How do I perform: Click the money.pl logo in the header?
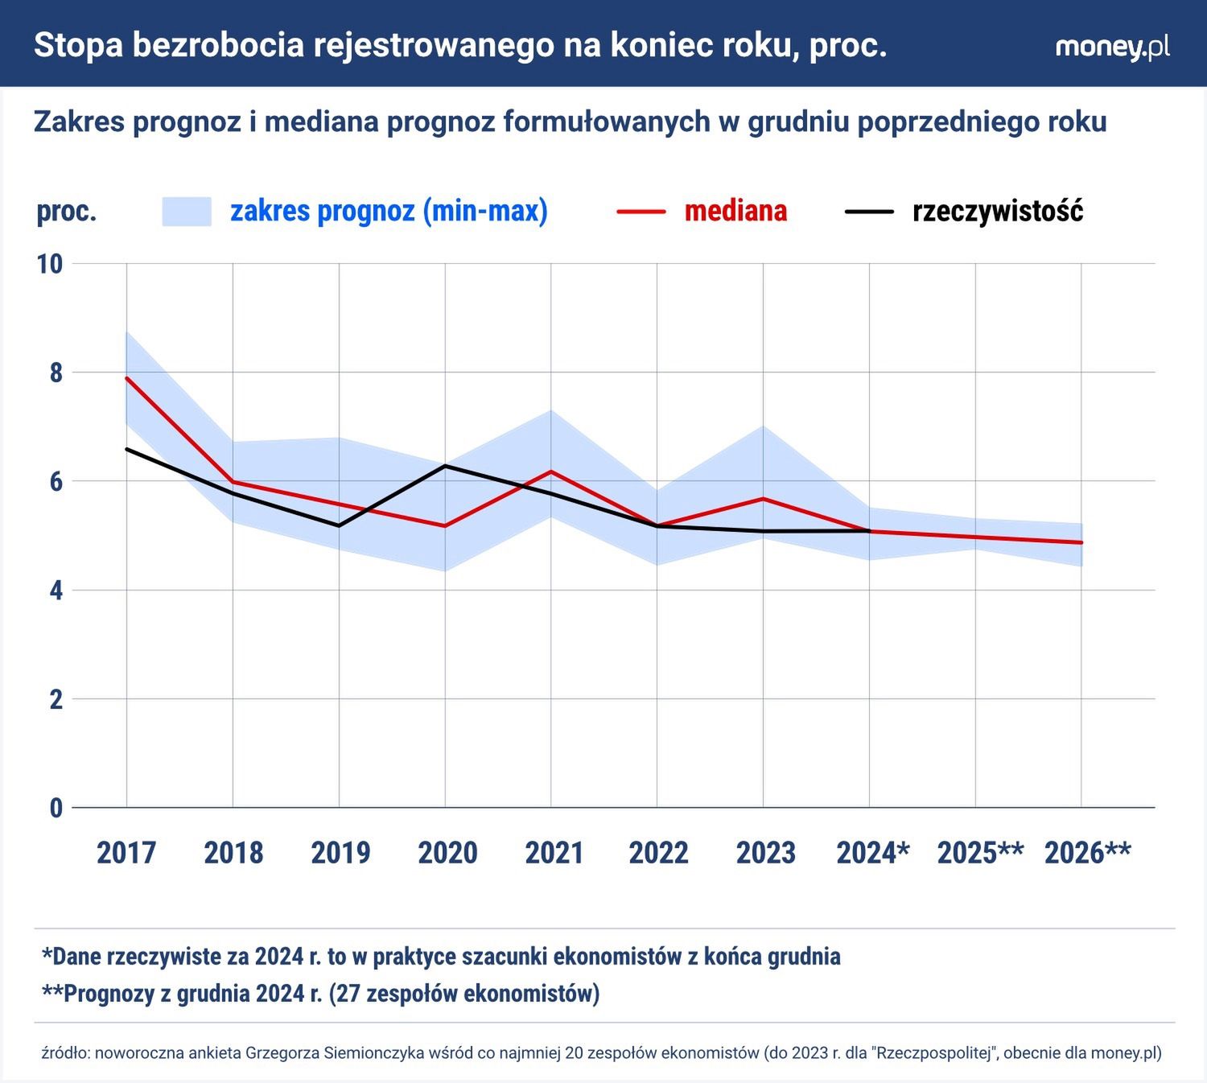(1112, 47)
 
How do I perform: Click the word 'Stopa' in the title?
(78, 45)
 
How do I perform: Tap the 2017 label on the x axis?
(126, 852)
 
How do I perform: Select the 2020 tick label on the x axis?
(447, 852)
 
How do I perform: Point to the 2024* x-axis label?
(873, 852)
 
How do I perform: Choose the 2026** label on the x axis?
(1087, 852)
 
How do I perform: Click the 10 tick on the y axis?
(50, 264)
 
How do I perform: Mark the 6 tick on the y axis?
(56, 481)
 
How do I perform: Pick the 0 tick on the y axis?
(56, 808)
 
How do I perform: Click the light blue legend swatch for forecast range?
(187, 212)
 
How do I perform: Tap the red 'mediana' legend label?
(735, 211)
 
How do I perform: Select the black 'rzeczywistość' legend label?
(998, 211)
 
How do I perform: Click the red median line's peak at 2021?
(551, 471)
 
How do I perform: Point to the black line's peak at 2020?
(445, 465)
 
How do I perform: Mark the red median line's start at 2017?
(127, 377)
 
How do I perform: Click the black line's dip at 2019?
(339, 525)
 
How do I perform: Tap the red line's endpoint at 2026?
(1081, 542)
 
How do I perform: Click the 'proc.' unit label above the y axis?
(67, 211)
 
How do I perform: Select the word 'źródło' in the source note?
(64, 1052)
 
